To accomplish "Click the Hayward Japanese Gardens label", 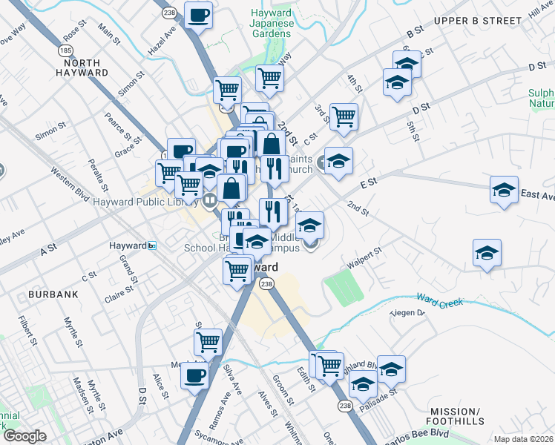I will (272, 23).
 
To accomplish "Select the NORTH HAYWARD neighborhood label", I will (82, 67).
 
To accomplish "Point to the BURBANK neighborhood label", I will (53, 294).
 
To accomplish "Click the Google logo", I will (24, 436).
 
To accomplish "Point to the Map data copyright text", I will (524, 439).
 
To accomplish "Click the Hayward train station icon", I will (152, 245).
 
